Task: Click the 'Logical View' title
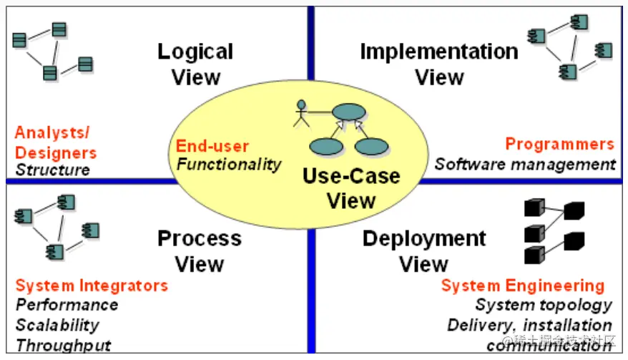click(x=195, y=64)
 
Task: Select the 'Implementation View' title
click(x=439, y=64)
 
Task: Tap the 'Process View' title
click(x=199, y=250)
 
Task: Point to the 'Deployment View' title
click(x=424, y=250)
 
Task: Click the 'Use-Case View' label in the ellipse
click(x=351, y=188)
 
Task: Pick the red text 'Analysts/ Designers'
click(x=56, y=142)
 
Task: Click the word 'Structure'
click(x=53, y=170)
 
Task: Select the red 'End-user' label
click(x=212, y=147)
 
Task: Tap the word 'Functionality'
click(x=229, y=164)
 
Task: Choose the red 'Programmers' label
click(x=559, y=144)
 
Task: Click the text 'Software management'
click(x=525, y=164)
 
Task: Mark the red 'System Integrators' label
click(x=92, y=286)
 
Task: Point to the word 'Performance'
click(x=67, y=305)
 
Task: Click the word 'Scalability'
click(x=57, y=325)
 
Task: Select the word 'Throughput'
click(x=63, y=345)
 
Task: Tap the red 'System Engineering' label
click(x=523, y=286)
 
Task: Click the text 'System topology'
click(x=544, y=305)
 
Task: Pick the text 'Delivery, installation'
click(x=529, y=325)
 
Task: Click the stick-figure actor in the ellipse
click(x=301, y=113)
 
